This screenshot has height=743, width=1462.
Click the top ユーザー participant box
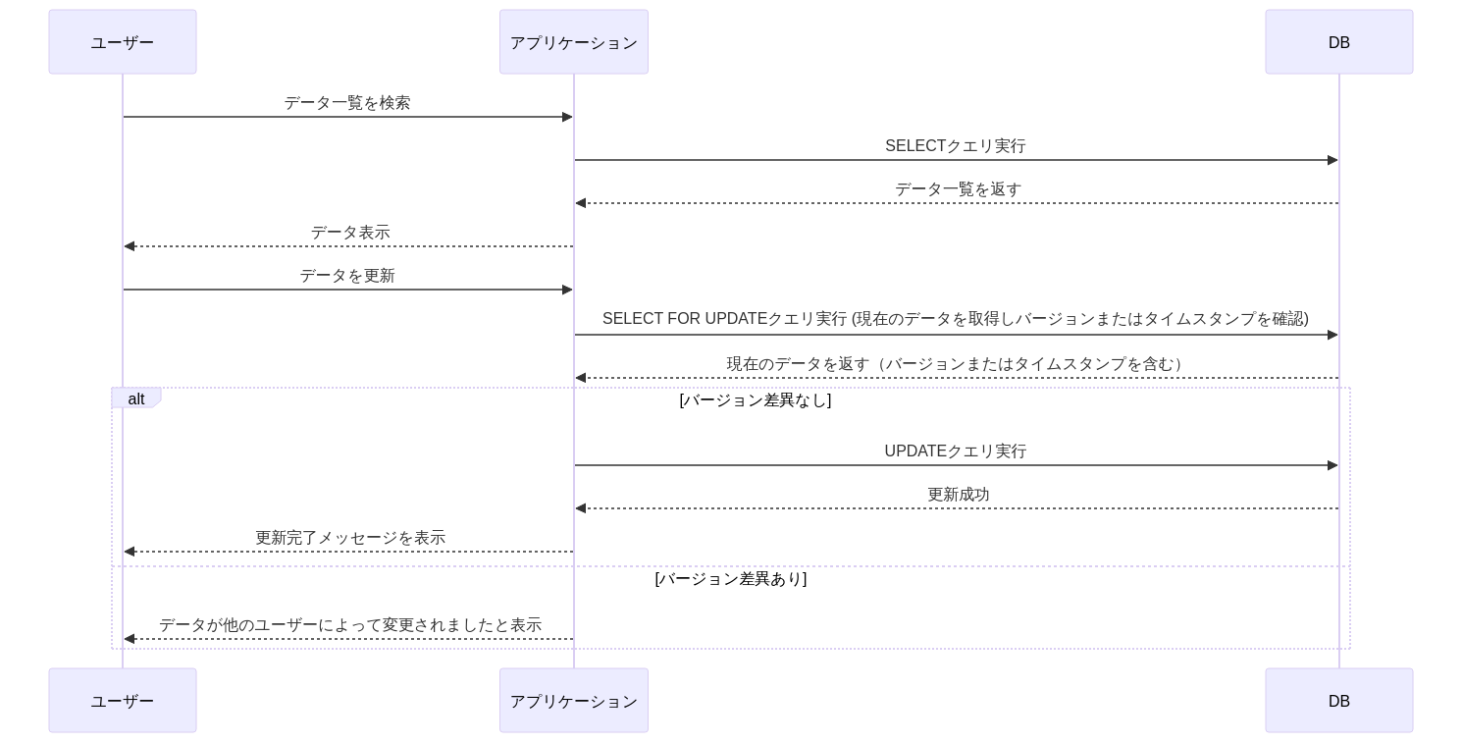coord(123,42)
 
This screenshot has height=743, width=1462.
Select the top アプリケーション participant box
coord(574,42)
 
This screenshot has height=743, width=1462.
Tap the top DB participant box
coord(1339,42)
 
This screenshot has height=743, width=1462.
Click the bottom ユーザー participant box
coord(123,701)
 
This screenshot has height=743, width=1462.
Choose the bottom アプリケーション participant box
coord(574,701)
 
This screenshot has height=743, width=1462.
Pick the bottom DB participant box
coord(1339,701)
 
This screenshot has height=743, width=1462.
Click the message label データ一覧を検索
coord(347,102)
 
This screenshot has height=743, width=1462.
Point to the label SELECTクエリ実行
coord(956,145)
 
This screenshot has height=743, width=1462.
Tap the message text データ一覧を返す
coord(958,189)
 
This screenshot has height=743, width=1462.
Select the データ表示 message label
coord(350,233)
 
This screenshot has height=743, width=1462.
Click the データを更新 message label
coord(347,276)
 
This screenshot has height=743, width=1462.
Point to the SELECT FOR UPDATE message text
coord(956,319)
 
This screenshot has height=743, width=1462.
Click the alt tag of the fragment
coord(135,398)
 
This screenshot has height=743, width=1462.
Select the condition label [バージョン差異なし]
coord(756,399)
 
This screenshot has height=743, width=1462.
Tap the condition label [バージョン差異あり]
coord(731,578)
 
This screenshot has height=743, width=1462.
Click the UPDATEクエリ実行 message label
coord(956,451)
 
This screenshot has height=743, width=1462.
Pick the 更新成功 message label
coord(958,495)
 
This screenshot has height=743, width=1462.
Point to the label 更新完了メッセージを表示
coord(350,537)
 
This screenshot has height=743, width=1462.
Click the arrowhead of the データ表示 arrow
coord(130,246)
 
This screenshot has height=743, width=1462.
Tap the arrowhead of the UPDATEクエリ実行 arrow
coord(1332,465)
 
